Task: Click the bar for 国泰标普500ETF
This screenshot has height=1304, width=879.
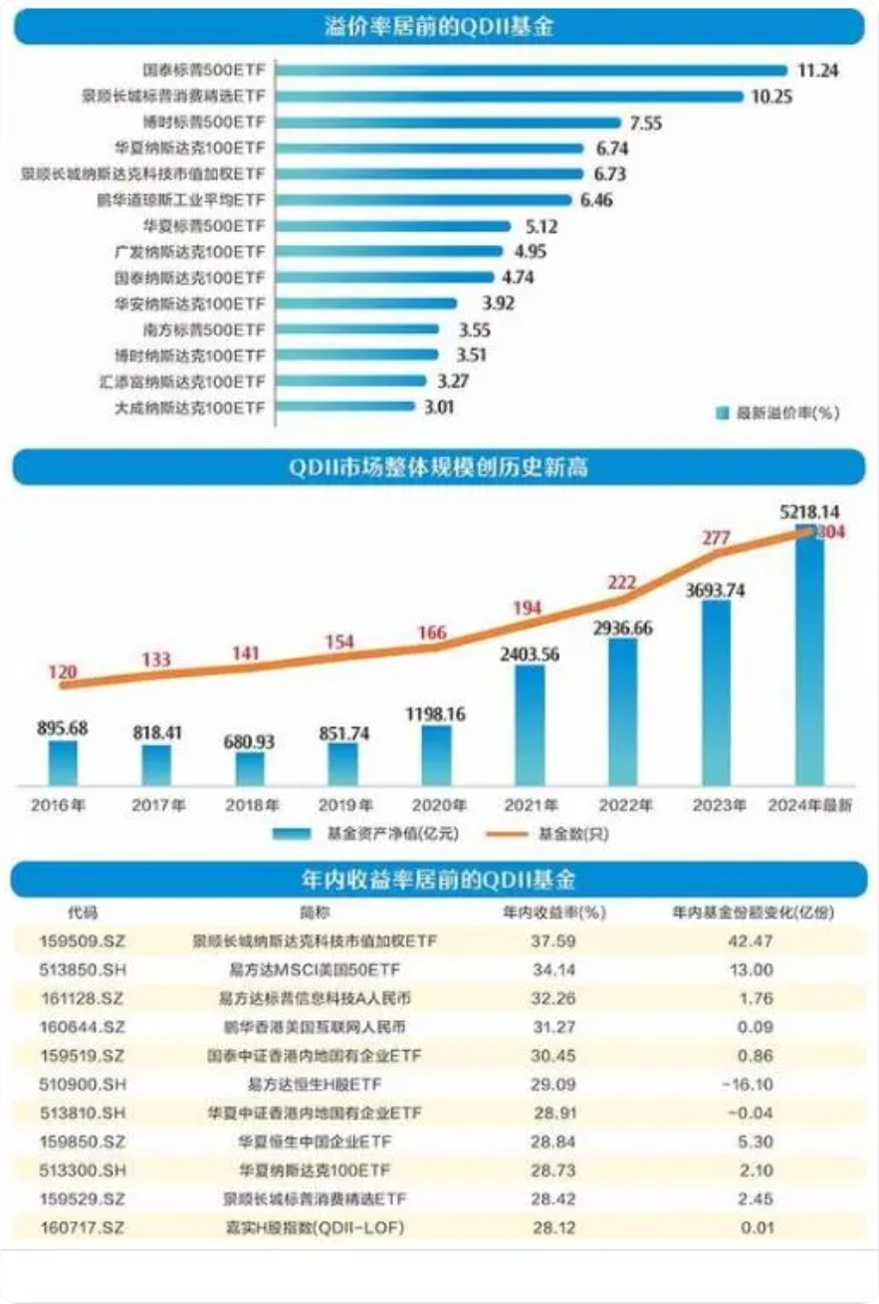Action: pyautogui.click(x=533, y=71)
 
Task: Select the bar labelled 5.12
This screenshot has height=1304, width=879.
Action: pyautogui.click(x=394, y=226)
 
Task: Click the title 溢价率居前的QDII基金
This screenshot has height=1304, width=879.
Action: pyautogui.click(x=439, y=27)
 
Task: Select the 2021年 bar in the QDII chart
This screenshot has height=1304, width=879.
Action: pyautogui.click(x=531, y=725)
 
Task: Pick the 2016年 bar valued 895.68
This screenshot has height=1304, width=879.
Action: pyautogui.click(x=63, y=762)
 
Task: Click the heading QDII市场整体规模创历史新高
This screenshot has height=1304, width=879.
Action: pyautogui.click(x=439, y=467)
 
